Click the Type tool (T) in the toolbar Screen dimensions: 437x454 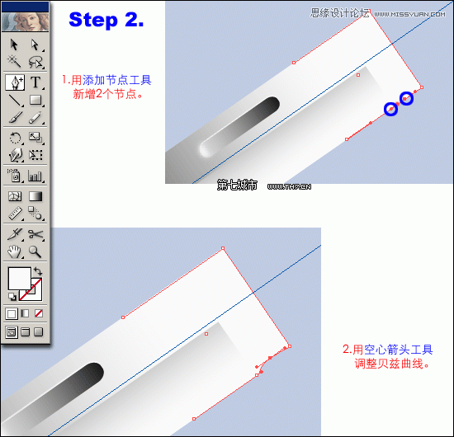tap(36, 82)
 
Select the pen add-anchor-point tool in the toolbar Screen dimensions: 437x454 tap(15, 82)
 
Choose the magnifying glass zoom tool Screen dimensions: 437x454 tap(36, 252)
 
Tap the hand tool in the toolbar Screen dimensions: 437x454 tap(15, 252)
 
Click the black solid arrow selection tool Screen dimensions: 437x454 tap(15, 45)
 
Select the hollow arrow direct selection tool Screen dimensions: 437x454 tap(36, 45)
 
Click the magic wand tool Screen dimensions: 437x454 tap(15, 63)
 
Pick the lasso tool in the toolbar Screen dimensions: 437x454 tap(36, 63)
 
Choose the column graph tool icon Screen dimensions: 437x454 tap(36, 175)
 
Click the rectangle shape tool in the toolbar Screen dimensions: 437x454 tap(36, 101)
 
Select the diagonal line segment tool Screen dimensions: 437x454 tap(15, 101)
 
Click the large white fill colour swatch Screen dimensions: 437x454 tap(19, 278)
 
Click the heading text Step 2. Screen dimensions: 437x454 tap(106, 21)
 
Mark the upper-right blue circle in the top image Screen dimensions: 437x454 tap(406, 99)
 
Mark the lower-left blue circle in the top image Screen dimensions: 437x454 tap(391, 109)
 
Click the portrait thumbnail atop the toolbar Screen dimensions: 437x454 tap(26, 16)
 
